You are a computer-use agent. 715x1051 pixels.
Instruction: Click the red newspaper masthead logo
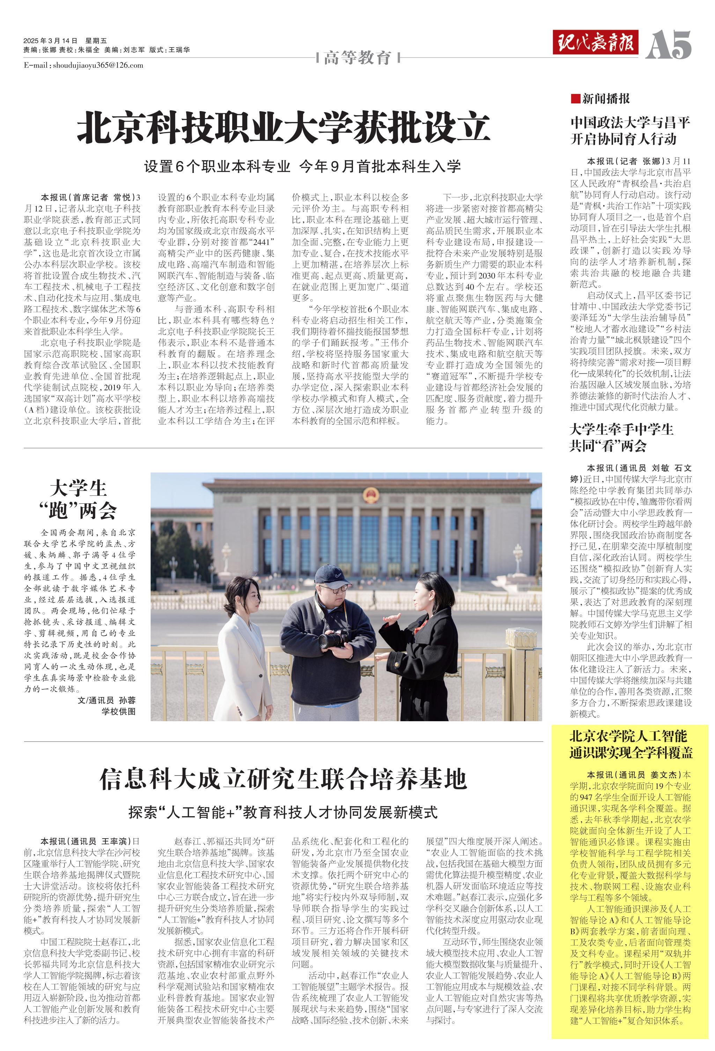tap(595, 43)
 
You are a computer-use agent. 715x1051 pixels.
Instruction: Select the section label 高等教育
tap(357, 58)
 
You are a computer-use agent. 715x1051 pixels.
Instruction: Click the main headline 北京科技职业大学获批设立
tap(283, 129)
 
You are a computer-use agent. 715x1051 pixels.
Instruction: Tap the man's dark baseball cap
tap(332, 575)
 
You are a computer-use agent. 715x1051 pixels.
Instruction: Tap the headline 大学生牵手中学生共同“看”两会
tap(621, 437)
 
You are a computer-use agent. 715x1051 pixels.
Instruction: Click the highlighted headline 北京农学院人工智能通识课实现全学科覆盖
tap(631, 744)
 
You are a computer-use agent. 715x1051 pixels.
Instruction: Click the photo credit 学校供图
tap(118, 711)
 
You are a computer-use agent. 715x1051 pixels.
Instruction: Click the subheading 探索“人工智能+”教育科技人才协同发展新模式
tap(283, 812)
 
